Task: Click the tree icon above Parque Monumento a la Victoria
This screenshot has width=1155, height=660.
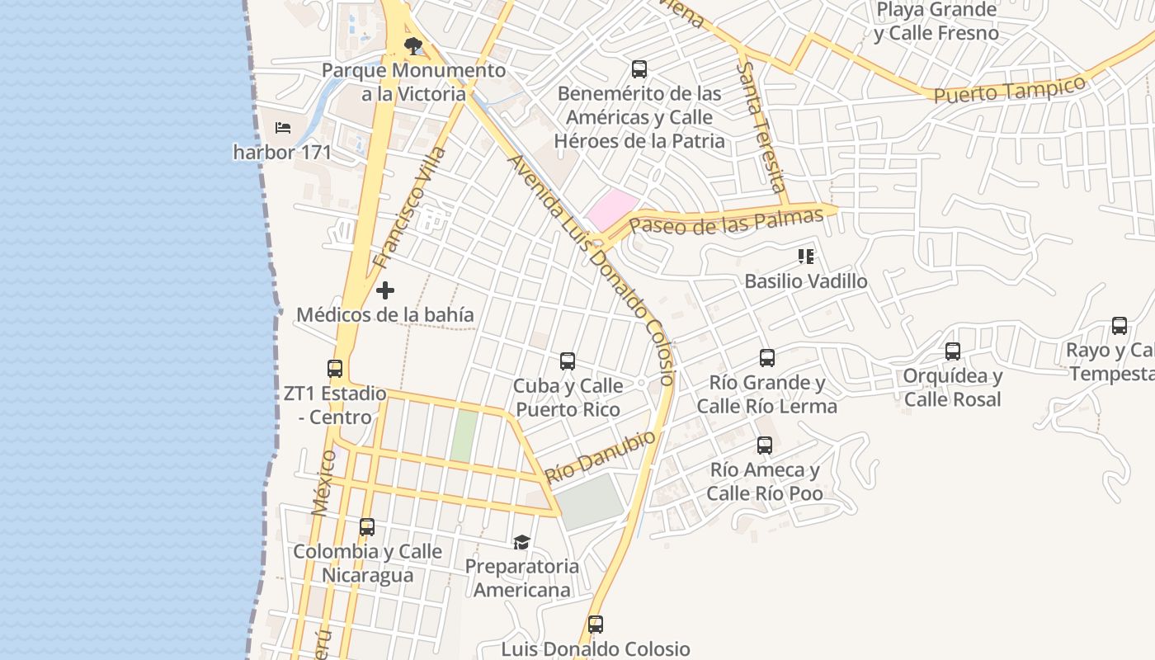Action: [x=412, y=45]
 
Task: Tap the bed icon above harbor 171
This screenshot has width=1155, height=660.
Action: [x=283, y=128]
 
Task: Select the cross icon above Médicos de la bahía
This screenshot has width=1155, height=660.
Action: [x=385, y=290]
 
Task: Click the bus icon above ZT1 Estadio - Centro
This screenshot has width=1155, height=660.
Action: [x=335, y=369]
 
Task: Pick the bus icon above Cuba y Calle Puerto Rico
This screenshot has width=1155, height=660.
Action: [x=568, y=361]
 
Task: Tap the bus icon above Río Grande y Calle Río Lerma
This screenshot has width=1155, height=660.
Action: [x=767, y=358]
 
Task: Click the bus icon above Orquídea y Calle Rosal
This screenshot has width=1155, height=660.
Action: [x=953, y=351]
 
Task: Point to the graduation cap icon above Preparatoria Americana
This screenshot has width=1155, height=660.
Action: [x=521, y=542]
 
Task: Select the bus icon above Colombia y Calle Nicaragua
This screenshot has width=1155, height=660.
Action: [x=367, y=526]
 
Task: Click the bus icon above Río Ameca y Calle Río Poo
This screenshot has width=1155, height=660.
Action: [x=765, y=445]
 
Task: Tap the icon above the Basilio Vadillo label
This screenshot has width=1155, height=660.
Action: [x=806, y=257]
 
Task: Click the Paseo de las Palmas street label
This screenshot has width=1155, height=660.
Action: [x=727, y=221]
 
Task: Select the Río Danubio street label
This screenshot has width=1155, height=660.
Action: [x=601, y=457]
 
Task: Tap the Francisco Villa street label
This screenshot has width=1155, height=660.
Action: [x=409, y=208]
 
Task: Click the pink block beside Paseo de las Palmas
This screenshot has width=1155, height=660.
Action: [x=612, y=210]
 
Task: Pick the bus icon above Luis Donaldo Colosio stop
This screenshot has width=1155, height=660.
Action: [x=596, y=625]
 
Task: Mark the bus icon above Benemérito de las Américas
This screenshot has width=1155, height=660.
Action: [x=639, y=68]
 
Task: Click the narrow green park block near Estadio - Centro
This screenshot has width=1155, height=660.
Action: [x=464, y=436]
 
